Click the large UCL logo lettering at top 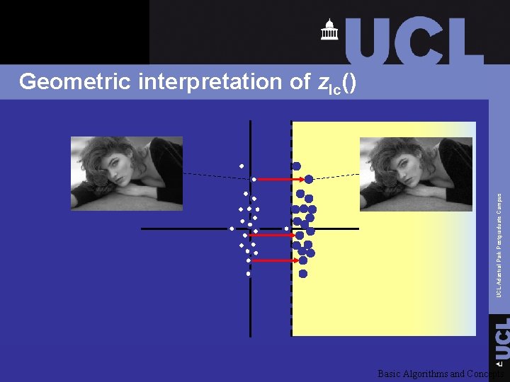pyautogui.click(x=414, y=40)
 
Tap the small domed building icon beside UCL pyautogui.click(x=329, y=30)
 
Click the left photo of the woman pyautogui.click(x=127, y=172)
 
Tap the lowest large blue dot pyautogui.click(x=303, y=273)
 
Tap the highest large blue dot pyautogui.click(x=296, y=166)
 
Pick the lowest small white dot pyautogui.click(x=249, y=273)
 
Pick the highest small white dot pyautogui.click(x=242, y=166)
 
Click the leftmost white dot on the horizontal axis pyautogui.click(x=231, y=228)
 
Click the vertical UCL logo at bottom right pyautogui.click(x=501, y=338)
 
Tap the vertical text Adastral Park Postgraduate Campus pyautogui.click(x=499, y=245)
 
